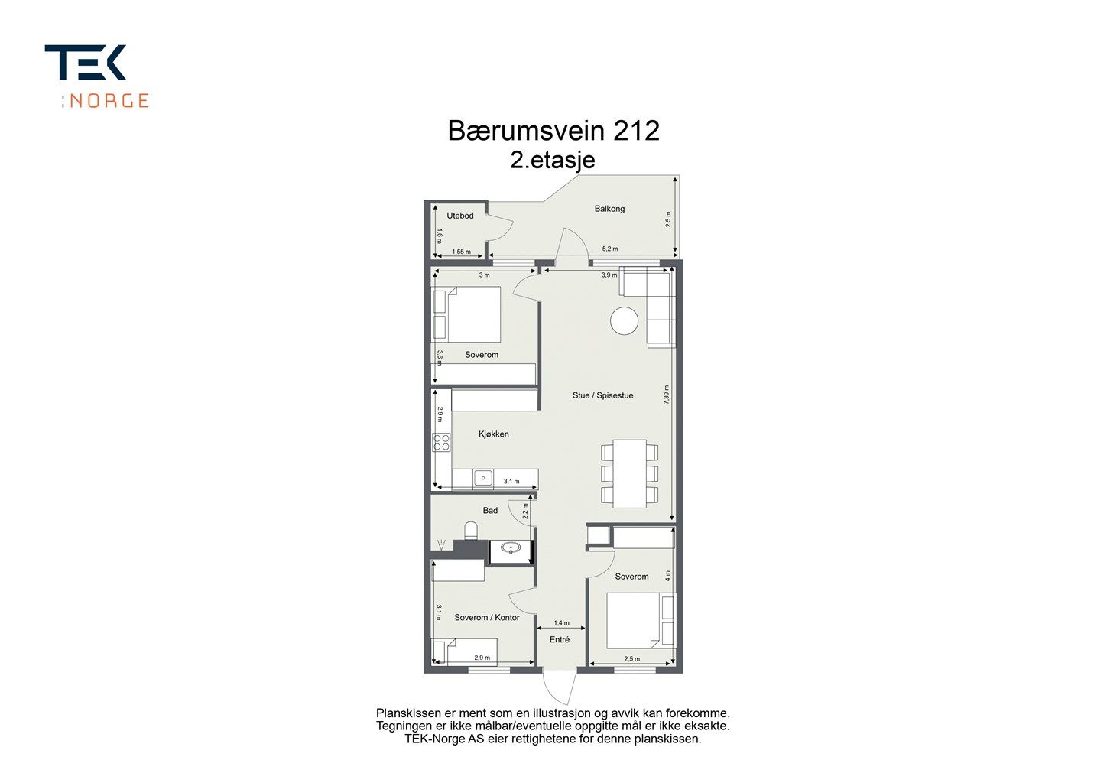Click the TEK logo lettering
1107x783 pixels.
tap(85, 62)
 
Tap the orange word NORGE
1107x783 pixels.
tap(109, 101)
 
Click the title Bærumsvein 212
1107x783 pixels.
tap(553, 131)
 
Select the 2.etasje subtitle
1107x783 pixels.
tap(553, 160)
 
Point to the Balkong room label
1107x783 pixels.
tap(609, 209)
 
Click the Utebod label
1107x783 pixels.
tap(460, 216)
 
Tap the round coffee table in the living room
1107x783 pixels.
tap(624, 321)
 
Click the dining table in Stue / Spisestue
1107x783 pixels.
tap(630, 473)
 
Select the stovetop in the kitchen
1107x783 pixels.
tap(441, 443)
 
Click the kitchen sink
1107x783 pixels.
tap(483, 479)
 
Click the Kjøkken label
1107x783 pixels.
tap(493, 434)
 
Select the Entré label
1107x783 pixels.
tap(560, 640)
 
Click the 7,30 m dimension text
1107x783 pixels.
tap(666, 395)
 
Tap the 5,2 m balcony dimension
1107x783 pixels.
tap(610, 249)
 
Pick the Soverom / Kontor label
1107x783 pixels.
tap(487, 617)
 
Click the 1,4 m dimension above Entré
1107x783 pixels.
tap(561, 623)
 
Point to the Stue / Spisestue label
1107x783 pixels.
tap(602, 395)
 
